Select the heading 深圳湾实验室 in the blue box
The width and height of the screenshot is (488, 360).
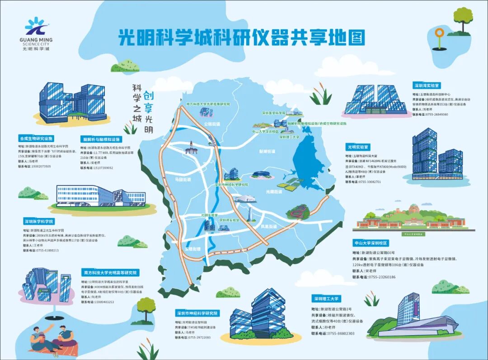(427, 85)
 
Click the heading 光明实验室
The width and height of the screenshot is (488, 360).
(358, 147)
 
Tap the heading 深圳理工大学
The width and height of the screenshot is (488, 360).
(325, 298)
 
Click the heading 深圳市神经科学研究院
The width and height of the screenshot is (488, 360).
(197, 313)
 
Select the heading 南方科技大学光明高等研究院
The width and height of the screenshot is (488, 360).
(111, 273)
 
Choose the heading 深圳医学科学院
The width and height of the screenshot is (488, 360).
(39, 222)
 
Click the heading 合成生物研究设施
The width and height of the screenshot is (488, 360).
(36, 138)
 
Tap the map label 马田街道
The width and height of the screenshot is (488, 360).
(183, 180)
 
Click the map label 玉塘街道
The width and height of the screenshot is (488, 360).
(192, 249)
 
